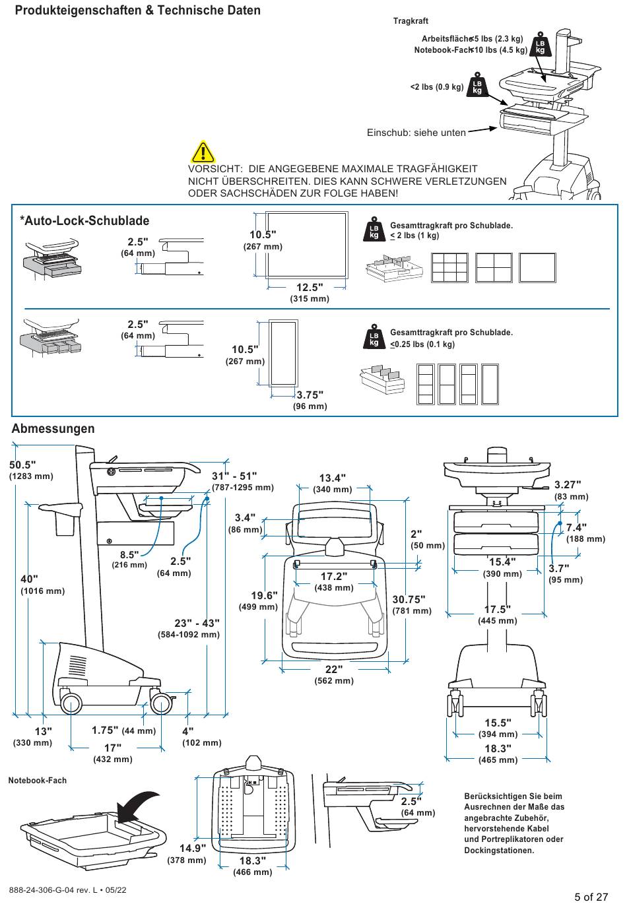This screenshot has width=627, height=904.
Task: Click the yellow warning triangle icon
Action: coord(203,152)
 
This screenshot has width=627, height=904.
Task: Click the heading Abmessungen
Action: coord(53,429)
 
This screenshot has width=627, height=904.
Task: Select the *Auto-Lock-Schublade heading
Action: coord(84,221)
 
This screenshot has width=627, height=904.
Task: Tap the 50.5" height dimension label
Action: coord(22,465)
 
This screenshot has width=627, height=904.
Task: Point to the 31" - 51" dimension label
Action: coord(234,476)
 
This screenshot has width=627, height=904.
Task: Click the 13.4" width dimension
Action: coord(333,478)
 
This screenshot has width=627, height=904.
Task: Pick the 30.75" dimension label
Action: coord(409,599)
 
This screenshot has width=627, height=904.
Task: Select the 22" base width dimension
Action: coord(334,669)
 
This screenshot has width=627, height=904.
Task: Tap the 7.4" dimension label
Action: coord(576,527)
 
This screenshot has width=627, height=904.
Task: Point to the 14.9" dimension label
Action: coord(193,848)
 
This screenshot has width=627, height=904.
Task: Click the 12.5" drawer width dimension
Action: coord(310,288)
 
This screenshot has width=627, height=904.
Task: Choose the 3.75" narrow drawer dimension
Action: coord(310,395)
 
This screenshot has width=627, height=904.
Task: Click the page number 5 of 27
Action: coord(591,896)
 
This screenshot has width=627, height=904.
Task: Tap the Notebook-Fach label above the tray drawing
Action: coord(38,781)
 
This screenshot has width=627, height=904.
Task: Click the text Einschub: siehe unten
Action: coord(416,133)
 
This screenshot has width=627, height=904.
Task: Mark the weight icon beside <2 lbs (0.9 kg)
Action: coord(477,86)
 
